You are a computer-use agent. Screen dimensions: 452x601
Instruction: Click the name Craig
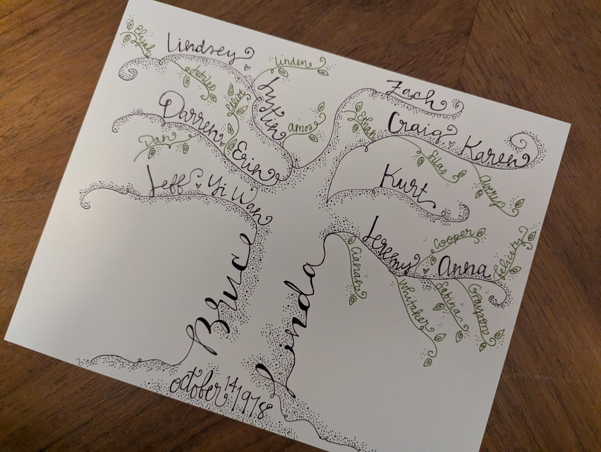(416, 128)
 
